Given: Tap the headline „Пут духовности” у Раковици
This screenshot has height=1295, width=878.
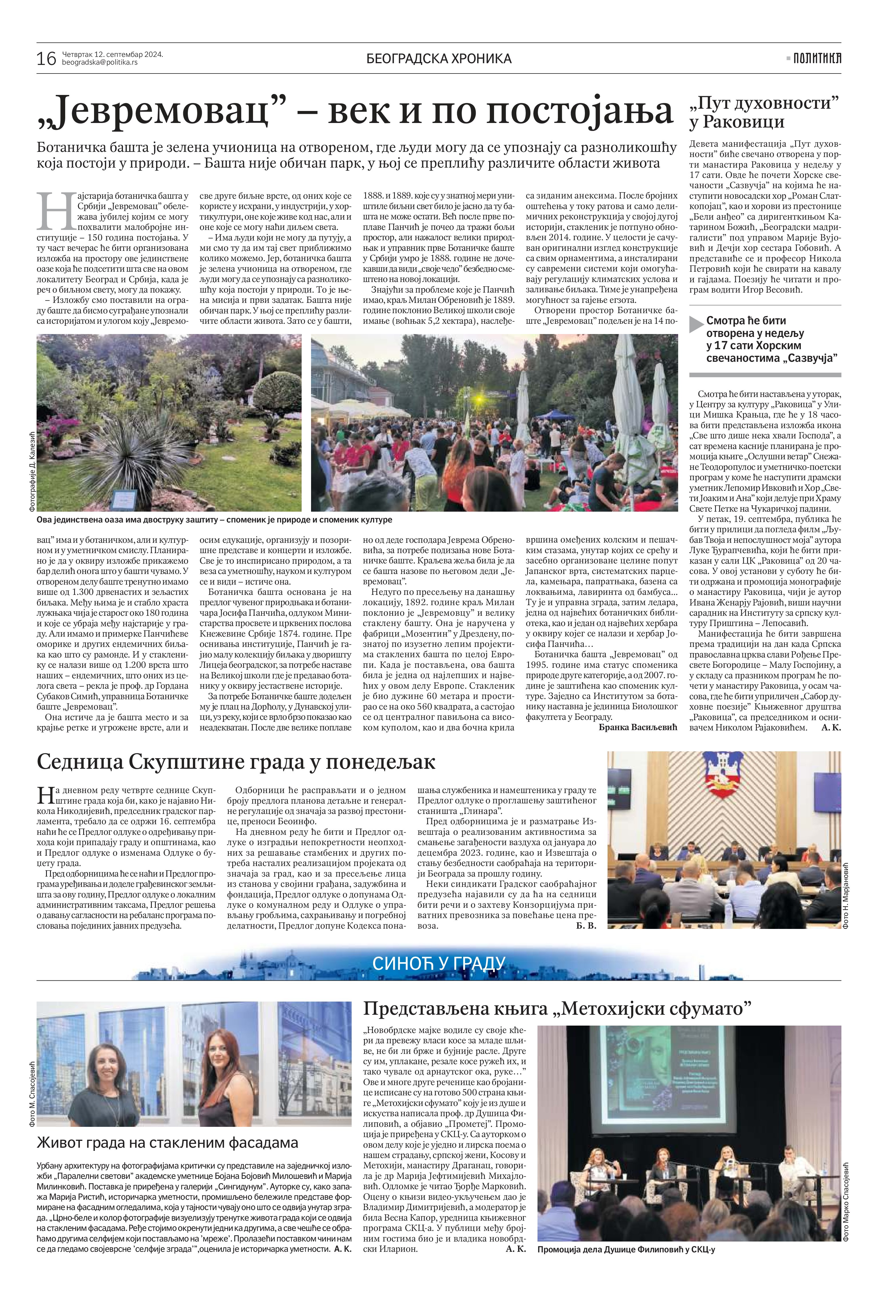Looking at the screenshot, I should (764, 112).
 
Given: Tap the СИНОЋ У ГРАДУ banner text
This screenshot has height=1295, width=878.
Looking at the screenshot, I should (439, 964).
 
